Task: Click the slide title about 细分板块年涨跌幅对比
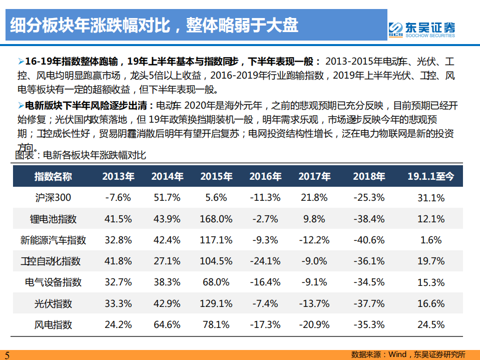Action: click(x=155, y=25)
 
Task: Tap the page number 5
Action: click(x=7, y=355)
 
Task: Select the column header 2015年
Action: click(x=216, y=176)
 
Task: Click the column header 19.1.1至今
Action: click(x=430, y=176)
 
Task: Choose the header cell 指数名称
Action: click(x=53, y=176)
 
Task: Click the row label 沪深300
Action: click(x=53, y=198)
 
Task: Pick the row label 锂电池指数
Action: click(x=53, y=219)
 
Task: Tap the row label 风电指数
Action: click(x=53, y=325)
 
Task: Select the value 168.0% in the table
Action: click(x=216, y=219)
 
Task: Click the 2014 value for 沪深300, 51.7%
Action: click(x=167, y=198)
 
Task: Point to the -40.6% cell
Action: click(x=368, y=240)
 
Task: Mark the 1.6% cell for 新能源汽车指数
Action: click(x=431, y=240)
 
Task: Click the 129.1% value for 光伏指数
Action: click(x=216, y=303)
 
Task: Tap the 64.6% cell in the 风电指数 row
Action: click(x=167, y=325)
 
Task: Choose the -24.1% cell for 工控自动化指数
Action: click(x=265, y=261)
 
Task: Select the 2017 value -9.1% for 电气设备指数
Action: click(x=314, y=282)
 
